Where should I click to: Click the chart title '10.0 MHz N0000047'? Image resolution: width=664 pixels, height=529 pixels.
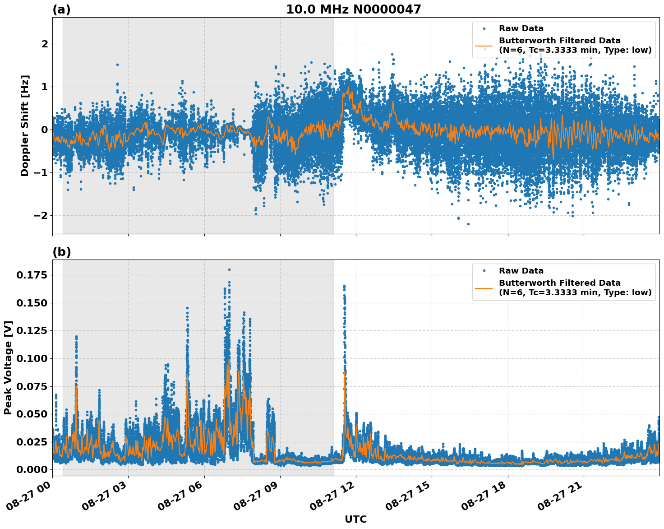(x=353, y=9)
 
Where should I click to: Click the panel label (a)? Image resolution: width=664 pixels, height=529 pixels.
(x=61, y=9)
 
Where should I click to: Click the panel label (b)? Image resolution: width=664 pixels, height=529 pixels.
(x=61, y=252)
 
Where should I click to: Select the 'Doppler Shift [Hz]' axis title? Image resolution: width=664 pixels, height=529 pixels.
(x=25, y=125)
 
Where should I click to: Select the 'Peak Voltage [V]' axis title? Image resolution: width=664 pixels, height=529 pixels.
(x=8, y=367)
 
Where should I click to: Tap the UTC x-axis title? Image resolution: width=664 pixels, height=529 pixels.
(x=355, y=519)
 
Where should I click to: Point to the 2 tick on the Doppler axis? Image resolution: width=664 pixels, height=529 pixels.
(x=45, y=44)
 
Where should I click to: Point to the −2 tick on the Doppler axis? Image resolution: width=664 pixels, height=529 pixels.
(x=41, y=216)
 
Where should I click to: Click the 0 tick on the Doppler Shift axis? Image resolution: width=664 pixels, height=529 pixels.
(x=45, y=130)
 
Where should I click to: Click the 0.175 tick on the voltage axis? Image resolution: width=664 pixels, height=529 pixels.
(x=32, y=275)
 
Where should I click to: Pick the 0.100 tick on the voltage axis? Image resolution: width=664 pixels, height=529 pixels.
(x=32, y=359)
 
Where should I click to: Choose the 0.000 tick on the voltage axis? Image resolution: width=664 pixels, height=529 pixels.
(x=32, y=470)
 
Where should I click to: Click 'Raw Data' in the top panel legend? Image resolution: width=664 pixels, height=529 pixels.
(x=521, y=29)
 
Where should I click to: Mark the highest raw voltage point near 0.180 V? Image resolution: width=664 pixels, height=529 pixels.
(x=229, y=270)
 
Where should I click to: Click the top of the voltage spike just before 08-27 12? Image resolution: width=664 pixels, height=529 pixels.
(x=344, y=286)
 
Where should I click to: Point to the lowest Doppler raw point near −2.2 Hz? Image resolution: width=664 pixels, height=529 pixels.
(x=468, y=224)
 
